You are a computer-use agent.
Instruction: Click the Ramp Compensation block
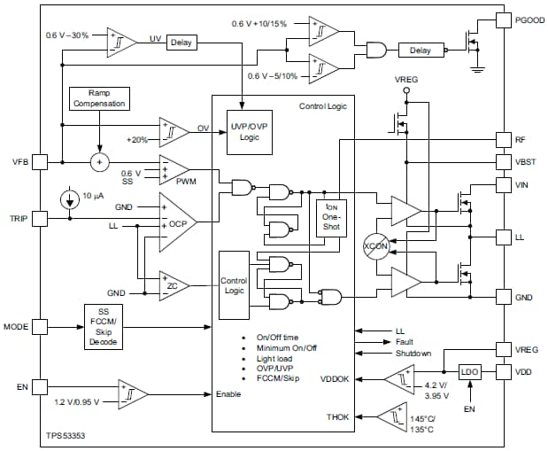[x=99, y=98]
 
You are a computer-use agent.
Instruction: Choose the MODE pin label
[x=17, y=327]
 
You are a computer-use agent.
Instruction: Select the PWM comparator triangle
[x=174, y=168]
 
